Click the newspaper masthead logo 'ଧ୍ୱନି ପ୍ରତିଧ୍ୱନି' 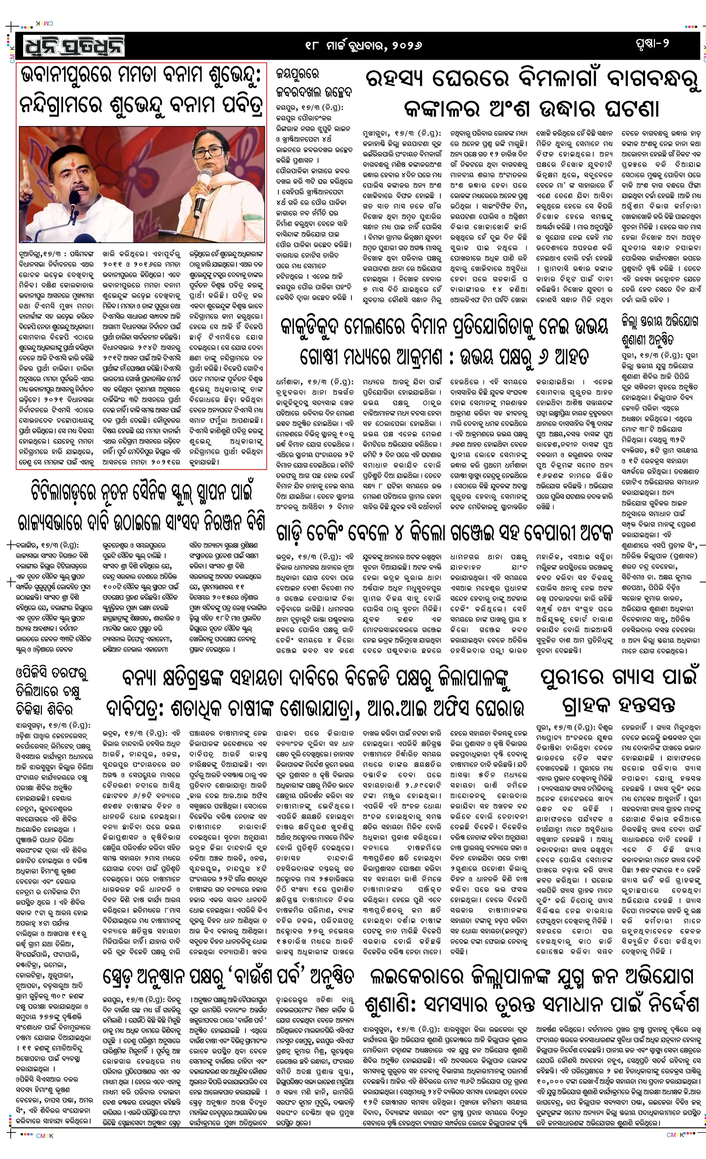tap(71, 46)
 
